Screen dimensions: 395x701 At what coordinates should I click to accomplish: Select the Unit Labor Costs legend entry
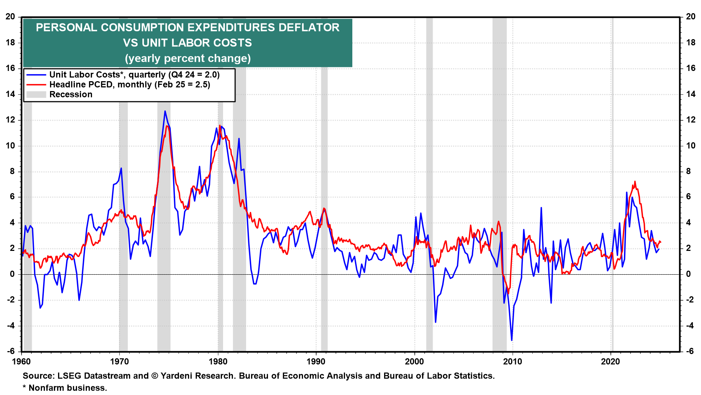[134, 75]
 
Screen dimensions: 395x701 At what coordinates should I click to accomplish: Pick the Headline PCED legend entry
[130, 84]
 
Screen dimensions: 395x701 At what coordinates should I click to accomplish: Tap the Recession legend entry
[71, 94]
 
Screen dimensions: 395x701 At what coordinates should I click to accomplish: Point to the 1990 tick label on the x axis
[316, 362]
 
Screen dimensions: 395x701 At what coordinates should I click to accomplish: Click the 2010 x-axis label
[513, 362]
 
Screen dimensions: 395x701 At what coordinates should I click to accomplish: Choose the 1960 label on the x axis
[22, 362]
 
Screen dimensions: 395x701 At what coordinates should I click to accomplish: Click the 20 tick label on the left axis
[10, 17]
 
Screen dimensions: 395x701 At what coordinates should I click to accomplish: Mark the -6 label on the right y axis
[690, 351]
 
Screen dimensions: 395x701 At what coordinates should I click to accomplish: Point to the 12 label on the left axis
[10, 120]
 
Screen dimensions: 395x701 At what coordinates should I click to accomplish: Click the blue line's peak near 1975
[165, 111]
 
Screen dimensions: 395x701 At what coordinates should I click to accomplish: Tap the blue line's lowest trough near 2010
[512, 340]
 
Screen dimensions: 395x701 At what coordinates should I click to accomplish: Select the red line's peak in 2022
[635, 181]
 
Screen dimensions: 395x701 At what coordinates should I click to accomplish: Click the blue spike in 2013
[541, 208]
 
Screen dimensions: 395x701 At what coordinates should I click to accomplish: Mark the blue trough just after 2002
[436, 322]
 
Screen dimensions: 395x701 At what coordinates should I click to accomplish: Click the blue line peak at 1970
[121, 168]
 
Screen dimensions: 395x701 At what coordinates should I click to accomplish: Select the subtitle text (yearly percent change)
[188, 59]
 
